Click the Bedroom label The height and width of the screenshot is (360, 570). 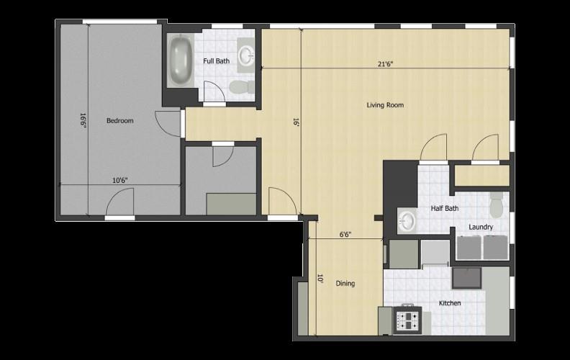[x=120, y=120]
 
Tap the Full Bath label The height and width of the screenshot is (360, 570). [x=217, y=61]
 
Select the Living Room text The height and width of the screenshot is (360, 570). [x=385, y=105]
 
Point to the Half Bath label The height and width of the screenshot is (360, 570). [x=445, y=209]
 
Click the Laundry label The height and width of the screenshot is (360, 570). [x=481, y=228]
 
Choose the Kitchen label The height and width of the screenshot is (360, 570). [x=450, y=303]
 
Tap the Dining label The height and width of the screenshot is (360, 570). [x=345, y=284]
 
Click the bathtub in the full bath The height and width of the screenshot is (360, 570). [x=180, y=60]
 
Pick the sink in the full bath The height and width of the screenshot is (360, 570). [x=248, y=54]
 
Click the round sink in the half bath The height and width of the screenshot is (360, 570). [x=407, y=220]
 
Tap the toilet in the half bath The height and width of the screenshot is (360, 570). [x=497, y=207]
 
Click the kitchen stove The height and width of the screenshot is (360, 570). [x=407, y=319]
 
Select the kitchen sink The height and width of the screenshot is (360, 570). [x=467, y=277]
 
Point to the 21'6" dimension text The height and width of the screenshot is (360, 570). [x=386, y=64]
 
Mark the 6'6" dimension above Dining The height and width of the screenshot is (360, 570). [x=346, y=234]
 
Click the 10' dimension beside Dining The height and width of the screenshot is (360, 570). [x=319, y=277]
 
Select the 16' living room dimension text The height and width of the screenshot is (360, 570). [x=295, y=122]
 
